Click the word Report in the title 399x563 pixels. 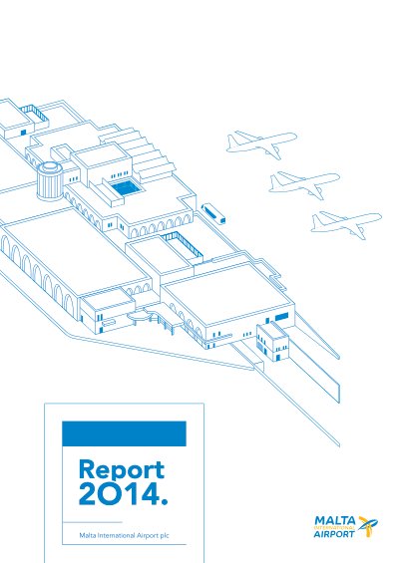(122, 470)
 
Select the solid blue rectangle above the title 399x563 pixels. (124, 433)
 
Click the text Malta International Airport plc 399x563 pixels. (124, 535)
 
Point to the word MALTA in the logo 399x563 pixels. (335, 521)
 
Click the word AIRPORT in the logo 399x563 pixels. (334, 534)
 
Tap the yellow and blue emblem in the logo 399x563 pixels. (368, 526)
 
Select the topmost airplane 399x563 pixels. (261, 142)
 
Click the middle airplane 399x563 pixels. (304, 183)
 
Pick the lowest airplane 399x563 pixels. (346, 223)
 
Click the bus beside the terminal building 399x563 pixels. (213, 213)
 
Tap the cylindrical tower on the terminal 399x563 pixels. (50, 181)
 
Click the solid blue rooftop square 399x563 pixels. (125, 188)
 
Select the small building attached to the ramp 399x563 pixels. (272, 342)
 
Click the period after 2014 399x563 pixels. (165, 501)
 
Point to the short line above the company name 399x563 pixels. (93, 522)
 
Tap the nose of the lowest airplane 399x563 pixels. (379, 216)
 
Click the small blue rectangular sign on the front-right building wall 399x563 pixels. (281, 317)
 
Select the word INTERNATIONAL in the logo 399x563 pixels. (334, 528)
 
